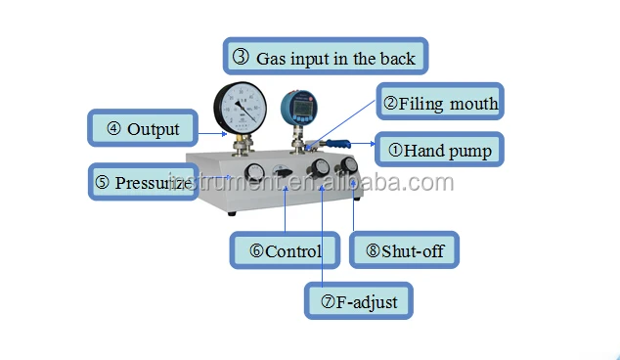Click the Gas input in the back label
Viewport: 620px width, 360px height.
326,56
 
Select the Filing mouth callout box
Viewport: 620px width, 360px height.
440,102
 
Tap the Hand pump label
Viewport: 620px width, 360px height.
439,150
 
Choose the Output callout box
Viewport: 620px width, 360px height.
143,128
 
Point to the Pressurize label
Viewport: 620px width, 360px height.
143,182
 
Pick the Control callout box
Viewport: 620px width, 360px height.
285,250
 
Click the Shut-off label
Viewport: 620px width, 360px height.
404,250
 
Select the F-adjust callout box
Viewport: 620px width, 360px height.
359,300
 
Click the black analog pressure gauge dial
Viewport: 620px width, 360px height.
240,108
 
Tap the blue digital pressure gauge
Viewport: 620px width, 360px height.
299,108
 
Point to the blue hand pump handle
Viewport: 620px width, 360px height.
337,143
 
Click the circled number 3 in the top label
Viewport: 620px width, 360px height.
241,57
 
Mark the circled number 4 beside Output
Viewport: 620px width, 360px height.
113,128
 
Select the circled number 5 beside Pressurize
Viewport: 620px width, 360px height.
102,182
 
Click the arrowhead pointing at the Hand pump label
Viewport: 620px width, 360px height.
373,144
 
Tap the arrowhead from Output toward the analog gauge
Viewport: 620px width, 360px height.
224,134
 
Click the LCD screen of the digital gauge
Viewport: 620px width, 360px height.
301,107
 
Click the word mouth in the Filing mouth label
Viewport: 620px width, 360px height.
473,104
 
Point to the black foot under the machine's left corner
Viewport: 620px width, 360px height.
232,213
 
